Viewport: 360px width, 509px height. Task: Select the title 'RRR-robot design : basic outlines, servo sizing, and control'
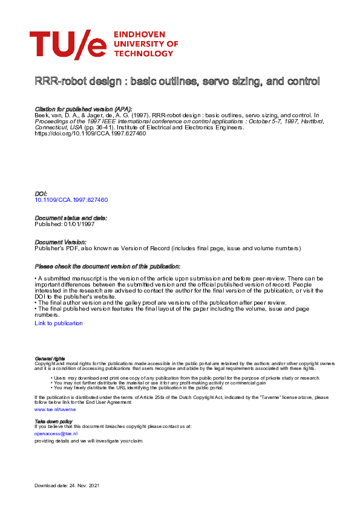177,81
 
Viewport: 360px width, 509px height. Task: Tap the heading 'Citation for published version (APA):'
83,108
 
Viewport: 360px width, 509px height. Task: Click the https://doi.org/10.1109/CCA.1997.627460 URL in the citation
90,133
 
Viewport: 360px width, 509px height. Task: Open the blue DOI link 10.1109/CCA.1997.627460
71,199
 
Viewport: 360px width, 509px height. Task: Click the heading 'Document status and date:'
71,218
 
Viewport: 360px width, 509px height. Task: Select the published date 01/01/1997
82,224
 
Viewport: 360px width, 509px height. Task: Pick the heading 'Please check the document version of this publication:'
107,267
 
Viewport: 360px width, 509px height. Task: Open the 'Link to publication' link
59,323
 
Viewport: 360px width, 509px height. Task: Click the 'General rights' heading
50,358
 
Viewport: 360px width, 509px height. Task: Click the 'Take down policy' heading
54,421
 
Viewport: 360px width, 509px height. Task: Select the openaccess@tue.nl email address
56,433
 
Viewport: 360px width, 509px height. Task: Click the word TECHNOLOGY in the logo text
143,53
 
